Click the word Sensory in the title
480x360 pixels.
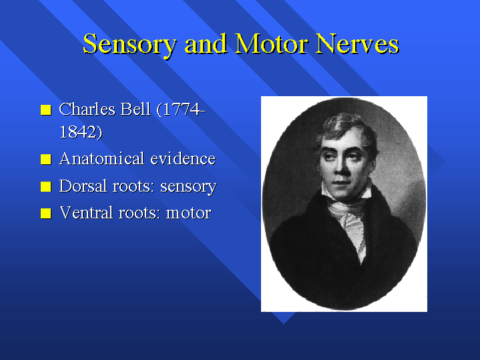tap(130, 45)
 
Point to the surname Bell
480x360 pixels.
tap(136, 109)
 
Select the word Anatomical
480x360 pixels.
tap(101, 159)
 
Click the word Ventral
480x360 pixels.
tap(86, 212)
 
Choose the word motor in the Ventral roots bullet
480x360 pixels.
tap(188, 213)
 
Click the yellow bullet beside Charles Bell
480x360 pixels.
tap(46, 110)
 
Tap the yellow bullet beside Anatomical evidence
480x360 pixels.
tap(46, 160)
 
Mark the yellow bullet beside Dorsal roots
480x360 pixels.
tap(46, 186)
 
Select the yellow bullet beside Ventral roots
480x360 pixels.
tap(46, 214)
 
